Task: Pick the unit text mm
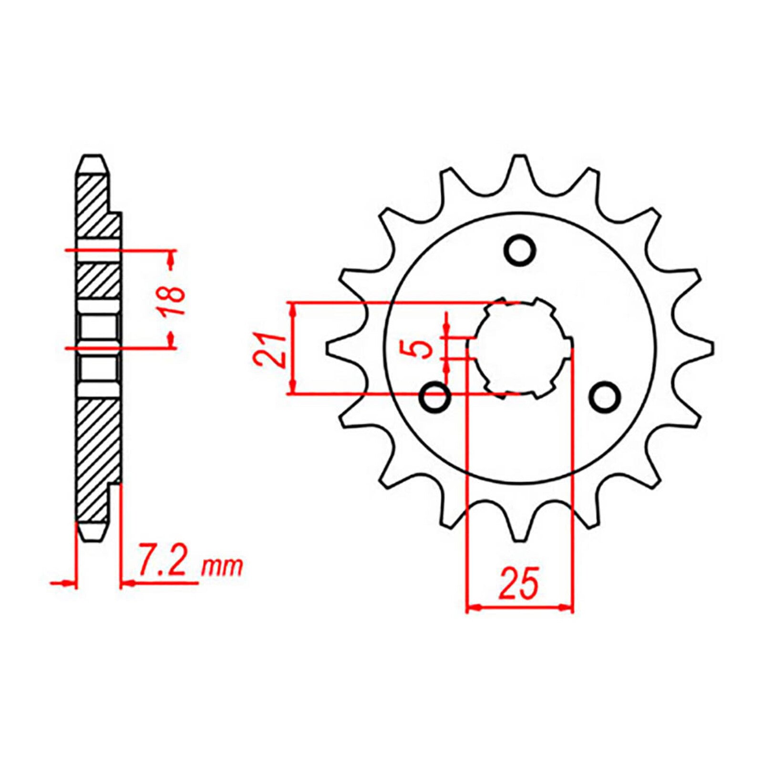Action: point(222,567)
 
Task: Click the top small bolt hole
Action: point(520,249)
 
